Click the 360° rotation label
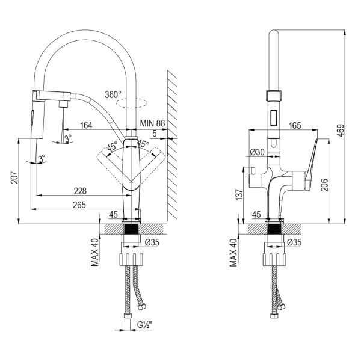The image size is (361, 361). [x=113, y=94]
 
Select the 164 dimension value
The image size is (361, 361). [x=85, y=125]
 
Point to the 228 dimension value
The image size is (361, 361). [x=79, y=191]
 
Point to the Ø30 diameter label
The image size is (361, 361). [x=259, y=153]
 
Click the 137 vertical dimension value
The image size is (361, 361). [x=239, y=195]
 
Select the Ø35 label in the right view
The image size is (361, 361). [x=294, y=242]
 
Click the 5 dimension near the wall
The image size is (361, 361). [x=155, y=134]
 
